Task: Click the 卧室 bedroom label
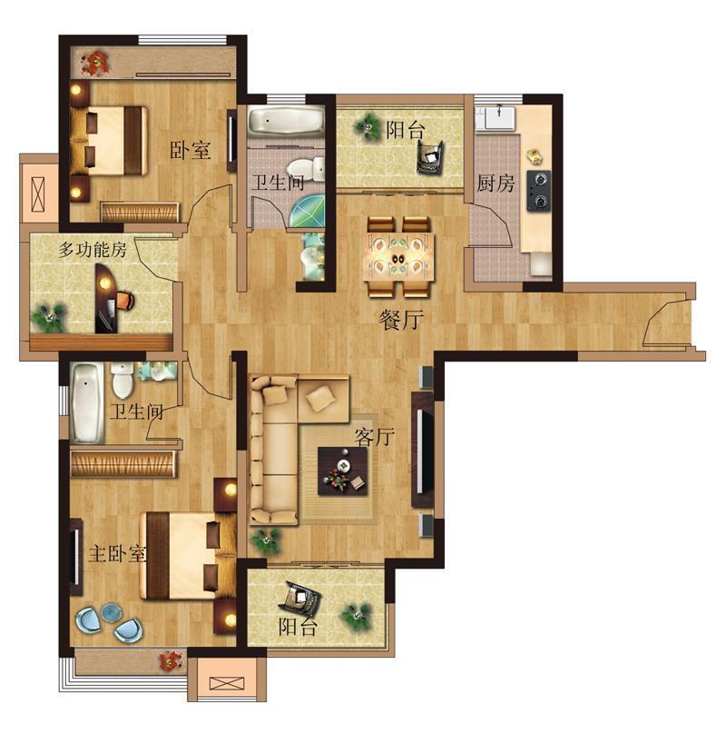(190, 150)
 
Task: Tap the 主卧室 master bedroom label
(117, 554)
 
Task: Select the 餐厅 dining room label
(401, 320)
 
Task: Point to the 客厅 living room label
(374, 437)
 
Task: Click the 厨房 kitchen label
(495, 183)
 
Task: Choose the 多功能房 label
(93, 250)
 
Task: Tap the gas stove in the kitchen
(539, 191)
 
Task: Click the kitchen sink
(500, 117)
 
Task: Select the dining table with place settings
(398, 257)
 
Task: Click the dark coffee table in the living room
(342, 471)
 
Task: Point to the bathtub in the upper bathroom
(285, 121)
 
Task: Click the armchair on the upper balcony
(430, 158)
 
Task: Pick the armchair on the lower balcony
(303, 599)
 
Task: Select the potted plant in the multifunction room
(49, 317)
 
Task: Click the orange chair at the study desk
(125, 300)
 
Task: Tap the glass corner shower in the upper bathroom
(307, 211)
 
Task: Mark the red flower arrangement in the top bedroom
(95, 64)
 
